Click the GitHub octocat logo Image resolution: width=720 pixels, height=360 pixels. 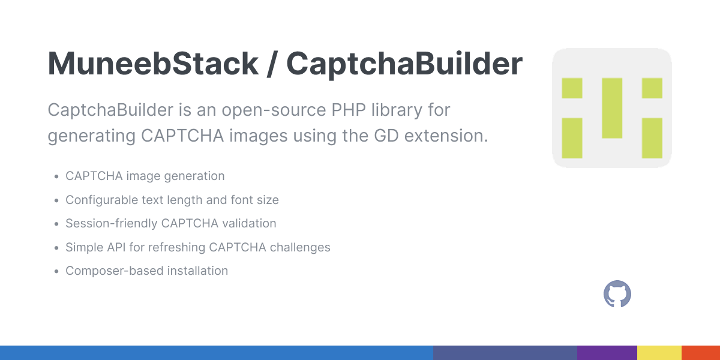tap(617, 295)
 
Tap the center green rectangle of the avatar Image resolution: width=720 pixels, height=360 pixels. tap(612, 108)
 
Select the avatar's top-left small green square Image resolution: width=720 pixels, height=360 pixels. tap(572, 88)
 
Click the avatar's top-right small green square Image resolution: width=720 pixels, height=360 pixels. tap(652, 88)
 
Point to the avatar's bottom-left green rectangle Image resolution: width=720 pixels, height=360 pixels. tap(572, 138)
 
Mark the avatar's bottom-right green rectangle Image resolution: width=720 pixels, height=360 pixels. tap(652, 138)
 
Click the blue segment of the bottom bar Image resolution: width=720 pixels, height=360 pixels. tap(216, 353)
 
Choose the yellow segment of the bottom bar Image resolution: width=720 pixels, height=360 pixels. tap(659, 353)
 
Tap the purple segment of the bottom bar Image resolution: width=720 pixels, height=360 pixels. tap(607, 353)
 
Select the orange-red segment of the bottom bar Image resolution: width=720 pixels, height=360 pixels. tap(700, 353)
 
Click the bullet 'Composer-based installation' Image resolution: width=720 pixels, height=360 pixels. tap(146, 271)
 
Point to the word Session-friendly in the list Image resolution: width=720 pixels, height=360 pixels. tap(112, 223)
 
